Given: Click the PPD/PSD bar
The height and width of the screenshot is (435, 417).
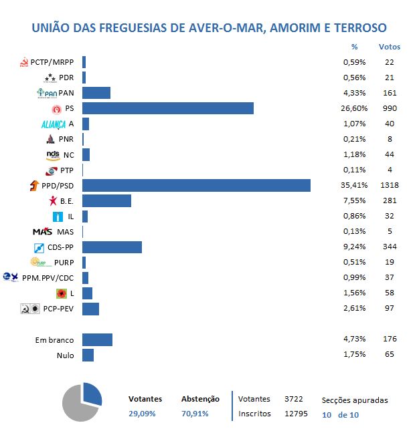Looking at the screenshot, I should (x=196, y=185).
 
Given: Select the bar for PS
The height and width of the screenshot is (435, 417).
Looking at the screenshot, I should (x=167, y=108).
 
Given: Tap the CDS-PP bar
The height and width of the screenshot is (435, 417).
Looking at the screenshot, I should (x=112, y=247).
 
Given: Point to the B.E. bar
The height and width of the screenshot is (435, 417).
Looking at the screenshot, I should (x=106, y=200).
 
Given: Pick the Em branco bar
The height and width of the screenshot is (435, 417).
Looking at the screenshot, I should (x=97, y=339).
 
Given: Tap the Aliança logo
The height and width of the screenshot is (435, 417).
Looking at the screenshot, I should (x=54, y=124).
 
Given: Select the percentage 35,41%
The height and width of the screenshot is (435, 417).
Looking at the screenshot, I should (x=353, y=185).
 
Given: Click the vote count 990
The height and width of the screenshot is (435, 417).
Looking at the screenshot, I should (x=390, y=108).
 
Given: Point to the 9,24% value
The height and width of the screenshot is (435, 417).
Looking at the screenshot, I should (x=353, y=247).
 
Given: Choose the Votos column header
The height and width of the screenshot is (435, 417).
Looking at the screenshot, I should (x=390, y=47).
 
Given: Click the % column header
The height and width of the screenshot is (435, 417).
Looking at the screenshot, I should (x=354, y=47).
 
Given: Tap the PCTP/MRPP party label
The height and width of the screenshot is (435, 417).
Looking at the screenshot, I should (x=53, y=62).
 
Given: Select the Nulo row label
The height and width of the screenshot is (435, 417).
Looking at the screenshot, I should (x=65, y=355).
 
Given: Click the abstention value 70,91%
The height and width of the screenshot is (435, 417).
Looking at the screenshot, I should (x=195, y=414).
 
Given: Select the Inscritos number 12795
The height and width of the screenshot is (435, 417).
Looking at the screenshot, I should (x=296, y=413).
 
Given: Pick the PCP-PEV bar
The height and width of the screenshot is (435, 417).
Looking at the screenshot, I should (x=90, y=309).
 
